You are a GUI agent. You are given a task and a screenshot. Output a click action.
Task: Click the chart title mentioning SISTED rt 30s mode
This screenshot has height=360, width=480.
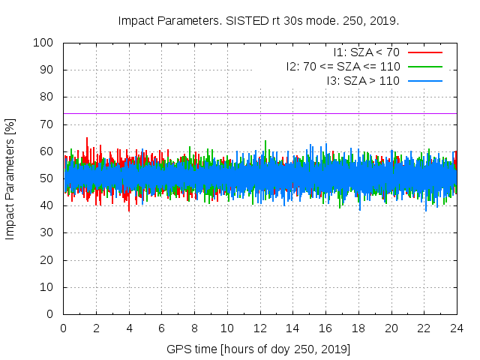259,20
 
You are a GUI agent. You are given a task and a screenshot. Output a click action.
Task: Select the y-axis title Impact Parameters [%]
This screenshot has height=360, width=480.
10,178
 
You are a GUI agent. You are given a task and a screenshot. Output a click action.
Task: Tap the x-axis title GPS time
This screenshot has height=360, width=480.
259,349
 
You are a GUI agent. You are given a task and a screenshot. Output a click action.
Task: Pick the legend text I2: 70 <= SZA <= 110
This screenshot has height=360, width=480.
343,66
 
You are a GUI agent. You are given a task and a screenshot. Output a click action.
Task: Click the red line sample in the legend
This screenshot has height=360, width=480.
424,52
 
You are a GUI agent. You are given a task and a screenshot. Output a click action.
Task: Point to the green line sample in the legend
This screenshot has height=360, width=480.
424,66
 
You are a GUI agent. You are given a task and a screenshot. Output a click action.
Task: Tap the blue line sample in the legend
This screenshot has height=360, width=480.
424,80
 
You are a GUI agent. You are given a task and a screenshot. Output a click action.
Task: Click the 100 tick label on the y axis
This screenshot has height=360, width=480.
43,43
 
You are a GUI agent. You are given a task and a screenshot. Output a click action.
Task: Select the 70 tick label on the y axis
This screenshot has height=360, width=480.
46,124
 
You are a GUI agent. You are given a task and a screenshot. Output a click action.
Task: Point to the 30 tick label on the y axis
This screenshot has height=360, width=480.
46,232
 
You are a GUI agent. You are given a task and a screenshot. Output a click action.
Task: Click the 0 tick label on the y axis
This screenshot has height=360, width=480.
49,314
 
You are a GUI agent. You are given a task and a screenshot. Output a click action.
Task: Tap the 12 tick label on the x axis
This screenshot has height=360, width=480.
260,328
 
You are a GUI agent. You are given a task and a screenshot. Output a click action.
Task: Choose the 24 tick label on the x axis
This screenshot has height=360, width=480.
457,328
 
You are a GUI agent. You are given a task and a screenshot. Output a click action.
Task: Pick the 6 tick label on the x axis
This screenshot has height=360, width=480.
162,328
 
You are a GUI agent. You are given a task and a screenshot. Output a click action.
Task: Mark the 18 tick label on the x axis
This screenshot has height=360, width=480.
358,328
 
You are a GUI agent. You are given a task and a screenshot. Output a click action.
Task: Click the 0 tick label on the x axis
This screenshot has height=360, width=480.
64,328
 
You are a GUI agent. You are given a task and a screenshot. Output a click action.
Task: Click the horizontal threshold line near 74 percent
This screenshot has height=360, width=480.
225,113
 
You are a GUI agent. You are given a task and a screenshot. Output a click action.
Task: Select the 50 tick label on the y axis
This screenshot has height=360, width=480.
46,178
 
